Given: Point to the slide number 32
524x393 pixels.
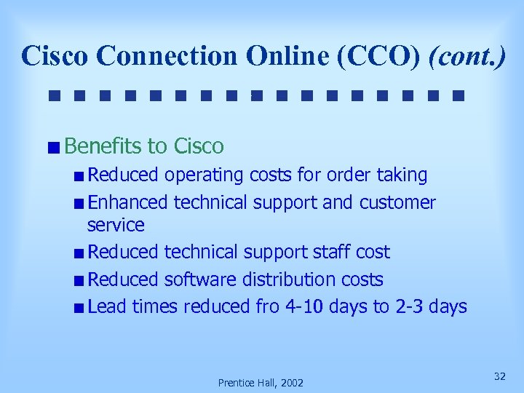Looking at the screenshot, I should click(499, 376).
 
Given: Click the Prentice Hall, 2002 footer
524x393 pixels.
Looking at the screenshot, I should click(261, 382).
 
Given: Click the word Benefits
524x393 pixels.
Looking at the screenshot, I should click(103, 146).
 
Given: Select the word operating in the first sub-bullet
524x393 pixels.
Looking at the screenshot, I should click(205, 175).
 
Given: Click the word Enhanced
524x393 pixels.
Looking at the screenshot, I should click(127, 202).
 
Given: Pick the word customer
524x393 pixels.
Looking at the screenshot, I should click(397, 202).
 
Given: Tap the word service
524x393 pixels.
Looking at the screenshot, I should click(116, 225).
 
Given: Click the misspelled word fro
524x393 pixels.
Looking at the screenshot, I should click(267, 306).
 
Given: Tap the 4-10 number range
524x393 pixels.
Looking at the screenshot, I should click(304, 306).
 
